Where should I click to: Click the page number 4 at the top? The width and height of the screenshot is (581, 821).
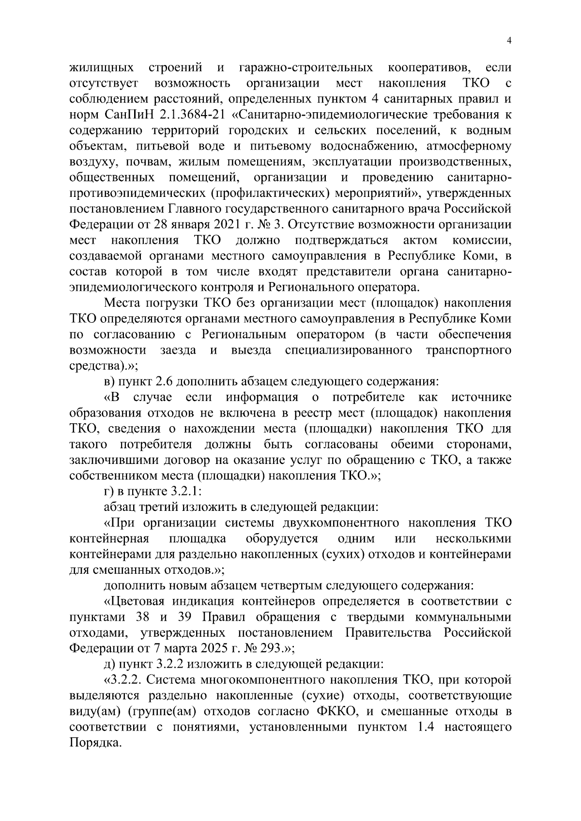pyautogui.click(x=508, y=41)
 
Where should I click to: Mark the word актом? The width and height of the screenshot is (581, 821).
pyautogui.click(x=420, y=240)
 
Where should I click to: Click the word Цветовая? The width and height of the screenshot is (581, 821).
pyautogui.click(x=133, y=601)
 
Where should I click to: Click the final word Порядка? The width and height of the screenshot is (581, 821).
pyautogui.click(x=94, y=743)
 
